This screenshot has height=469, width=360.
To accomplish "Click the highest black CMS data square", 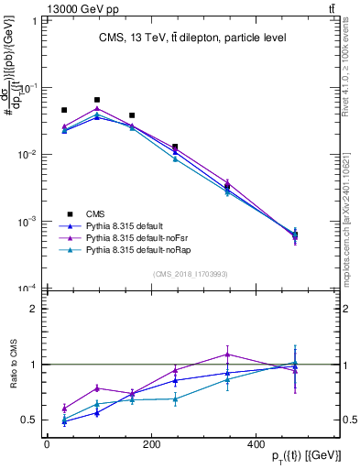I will (97, 100).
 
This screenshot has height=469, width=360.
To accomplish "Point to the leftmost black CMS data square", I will (64, 110).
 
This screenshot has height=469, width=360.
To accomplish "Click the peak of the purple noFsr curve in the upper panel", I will (97, 109).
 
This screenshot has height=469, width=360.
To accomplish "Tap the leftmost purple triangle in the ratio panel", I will (64, 409).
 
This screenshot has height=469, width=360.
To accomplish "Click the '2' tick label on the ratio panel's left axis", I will (32, 309).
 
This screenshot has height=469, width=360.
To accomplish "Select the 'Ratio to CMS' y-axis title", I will (13, 365).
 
